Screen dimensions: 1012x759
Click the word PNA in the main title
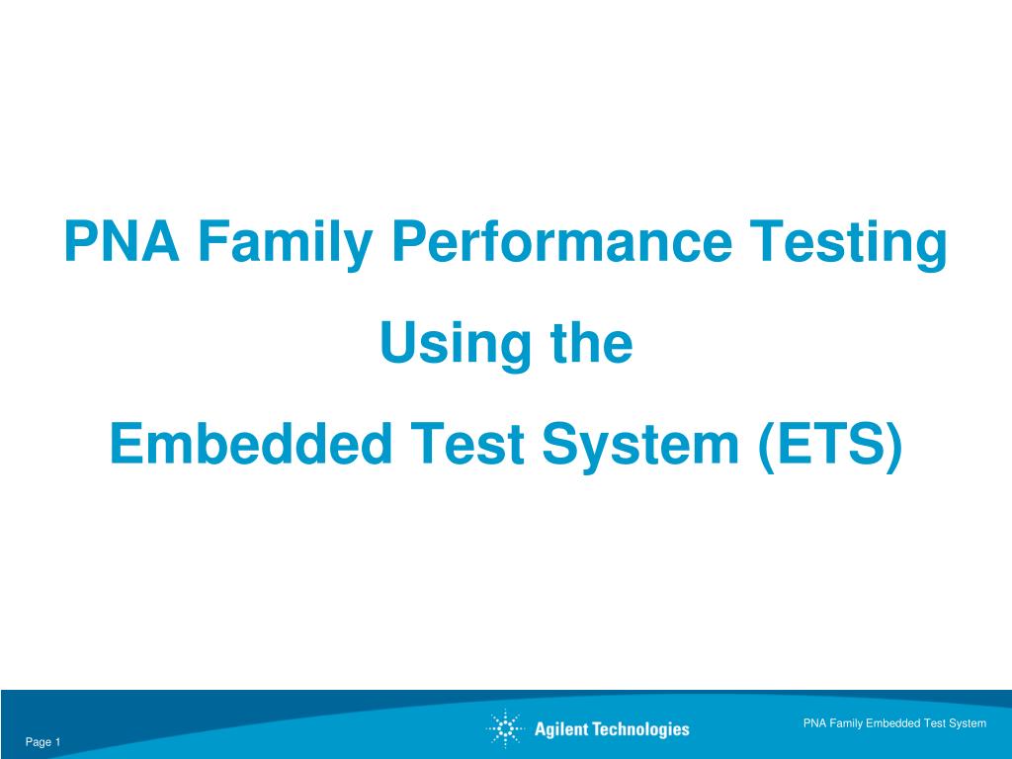pos(122,241)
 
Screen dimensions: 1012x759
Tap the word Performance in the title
pos(561,241)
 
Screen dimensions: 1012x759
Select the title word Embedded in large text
pos(251,443)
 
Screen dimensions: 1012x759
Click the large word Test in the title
pos(467,443)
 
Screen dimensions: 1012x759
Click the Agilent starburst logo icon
pos(505,728)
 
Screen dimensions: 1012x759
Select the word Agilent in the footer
pos(561,730)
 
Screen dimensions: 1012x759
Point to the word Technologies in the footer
pos(640,730)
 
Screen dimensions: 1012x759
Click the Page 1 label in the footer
pos(42,742)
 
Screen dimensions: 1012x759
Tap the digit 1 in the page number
pos(57,741)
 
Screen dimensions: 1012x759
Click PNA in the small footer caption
pos(814,723)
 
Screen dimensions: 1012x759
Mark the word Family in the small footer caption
pos(846,724)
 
